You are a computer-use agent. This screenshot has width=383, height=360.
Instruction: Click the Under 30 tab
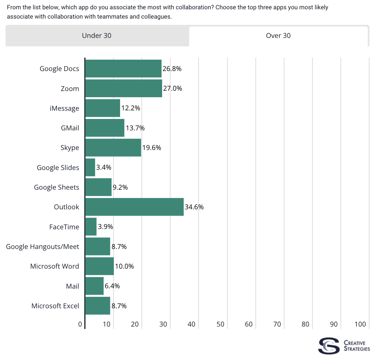[x=97, y=36]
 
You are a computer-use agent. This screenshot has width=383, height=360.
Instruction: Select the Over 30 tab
[x=278, y=36]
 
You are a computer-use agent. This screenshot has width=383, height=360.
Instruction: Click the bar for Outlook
[x=134, y=207]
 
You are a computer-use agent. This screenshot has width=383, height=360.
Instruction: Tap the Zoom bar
[x=124, y=88]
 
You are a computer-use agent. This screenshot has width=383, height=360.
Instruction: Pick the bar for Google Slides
[x=90, y=168]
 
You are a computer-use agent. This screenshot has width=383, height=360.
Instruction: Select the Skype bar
[x=113, y=148]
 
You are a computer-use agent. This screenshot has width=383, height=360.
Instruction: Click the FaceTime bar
[x=91, y=227]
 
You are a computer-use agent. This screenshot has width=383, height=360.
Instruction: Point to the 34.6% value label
[x=194, y=207]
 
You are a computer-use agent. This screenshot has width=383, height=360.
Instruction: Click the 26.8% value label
[x=172, y=69]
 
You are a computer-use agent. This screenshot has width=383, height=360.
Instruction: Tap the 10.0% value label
[x=124, y=266]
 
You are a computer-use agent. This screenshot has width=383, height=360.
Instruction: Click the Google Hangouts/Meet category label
[x=42, y=247]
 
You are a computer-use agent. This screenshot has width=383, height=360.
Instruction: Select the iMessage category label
[x=65, y=108]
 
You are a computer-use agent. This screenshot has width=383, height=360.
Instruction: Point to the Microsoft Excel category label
[x=55, y=306]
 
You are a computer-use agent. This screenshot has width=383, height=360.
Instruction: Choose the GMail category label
[x=70, y=128]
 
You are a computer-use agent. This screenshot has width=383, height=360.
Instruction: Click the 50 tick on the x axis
[x=220, y=324]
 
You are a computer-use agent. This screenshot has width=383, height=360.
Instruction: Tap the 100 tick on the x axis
[x=360, y=324]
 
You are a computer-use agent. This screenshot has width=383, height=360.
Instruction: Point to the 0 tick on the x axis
[x=80, y=324]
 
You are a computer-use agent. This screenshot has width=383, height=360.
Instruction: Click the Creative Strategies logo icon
[x=328, y=346]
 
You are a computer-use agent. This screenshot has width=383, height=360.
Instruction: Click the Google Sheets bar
[x=98, y=187]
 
